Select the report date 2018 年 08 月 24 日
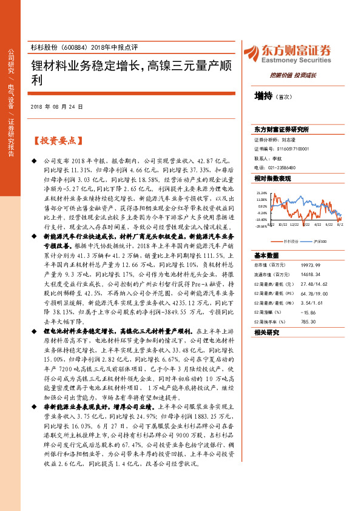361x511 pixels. pos(56,107)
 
